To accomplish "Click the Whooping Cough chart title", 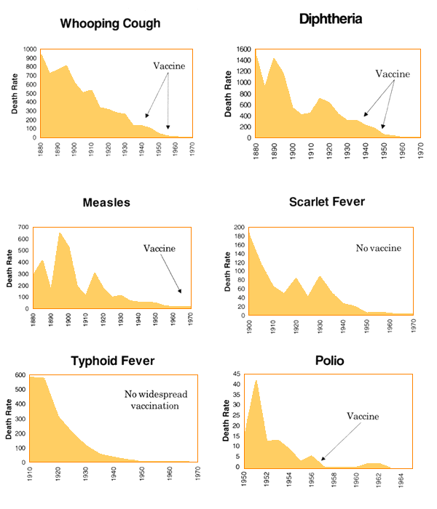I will click(x=111, y=24).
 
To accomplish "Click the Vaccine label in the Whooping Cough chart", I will click(x=169, y=66).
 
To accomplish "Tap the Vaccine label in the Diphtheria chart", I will click(x=393, y=74).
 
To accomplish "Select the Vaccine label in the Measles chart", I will click(x=160, y=248).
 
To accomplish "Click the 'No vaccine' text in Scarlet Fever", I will click(x=379, y=249).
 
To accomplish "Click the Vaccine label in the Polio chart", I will click(x=363, y=416).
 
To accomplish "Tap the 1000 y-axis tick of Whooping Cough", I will click(x=29, y=49).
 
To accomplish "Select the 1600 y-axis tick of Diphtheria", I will click(x=244, y=49).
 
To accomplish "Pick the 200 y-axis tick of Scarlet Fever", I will click(x=240, y=228).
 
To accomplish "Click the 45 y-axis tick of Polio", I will click(x=237, y=375).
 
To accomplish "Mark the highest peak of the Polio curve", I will click(x=256, y=380).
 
